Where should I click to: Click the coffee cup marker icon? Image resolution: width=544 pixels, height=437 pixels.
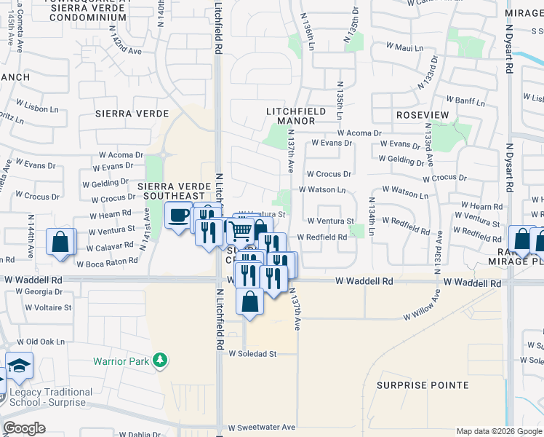click(x=177, y=216)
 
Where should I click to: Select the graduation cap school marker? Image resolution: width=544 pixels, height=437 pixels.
click(x=20, y=366)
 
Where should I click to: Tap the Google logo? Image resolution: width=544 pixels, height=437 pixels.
click(x=24, y=428)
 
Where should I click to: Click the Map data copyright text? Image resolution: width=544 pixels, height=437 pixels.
click(x=499, y=431)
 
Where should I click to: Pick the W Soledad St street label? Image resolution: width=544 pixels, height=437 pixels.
click(x=253, y=354)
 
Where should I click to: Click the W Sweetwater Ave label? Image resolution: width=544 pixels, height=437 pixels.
click(x=262, y=428)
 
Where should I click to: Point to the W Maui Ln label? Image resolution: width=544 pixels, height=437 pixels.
click(x=404, y=47)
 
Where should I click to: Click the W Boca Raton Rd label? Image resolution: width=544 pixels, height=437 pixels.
click(x=107, y=262)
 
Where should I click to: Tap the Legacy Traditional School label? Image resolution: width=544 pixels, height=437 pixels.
click(x=51, y=397)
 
